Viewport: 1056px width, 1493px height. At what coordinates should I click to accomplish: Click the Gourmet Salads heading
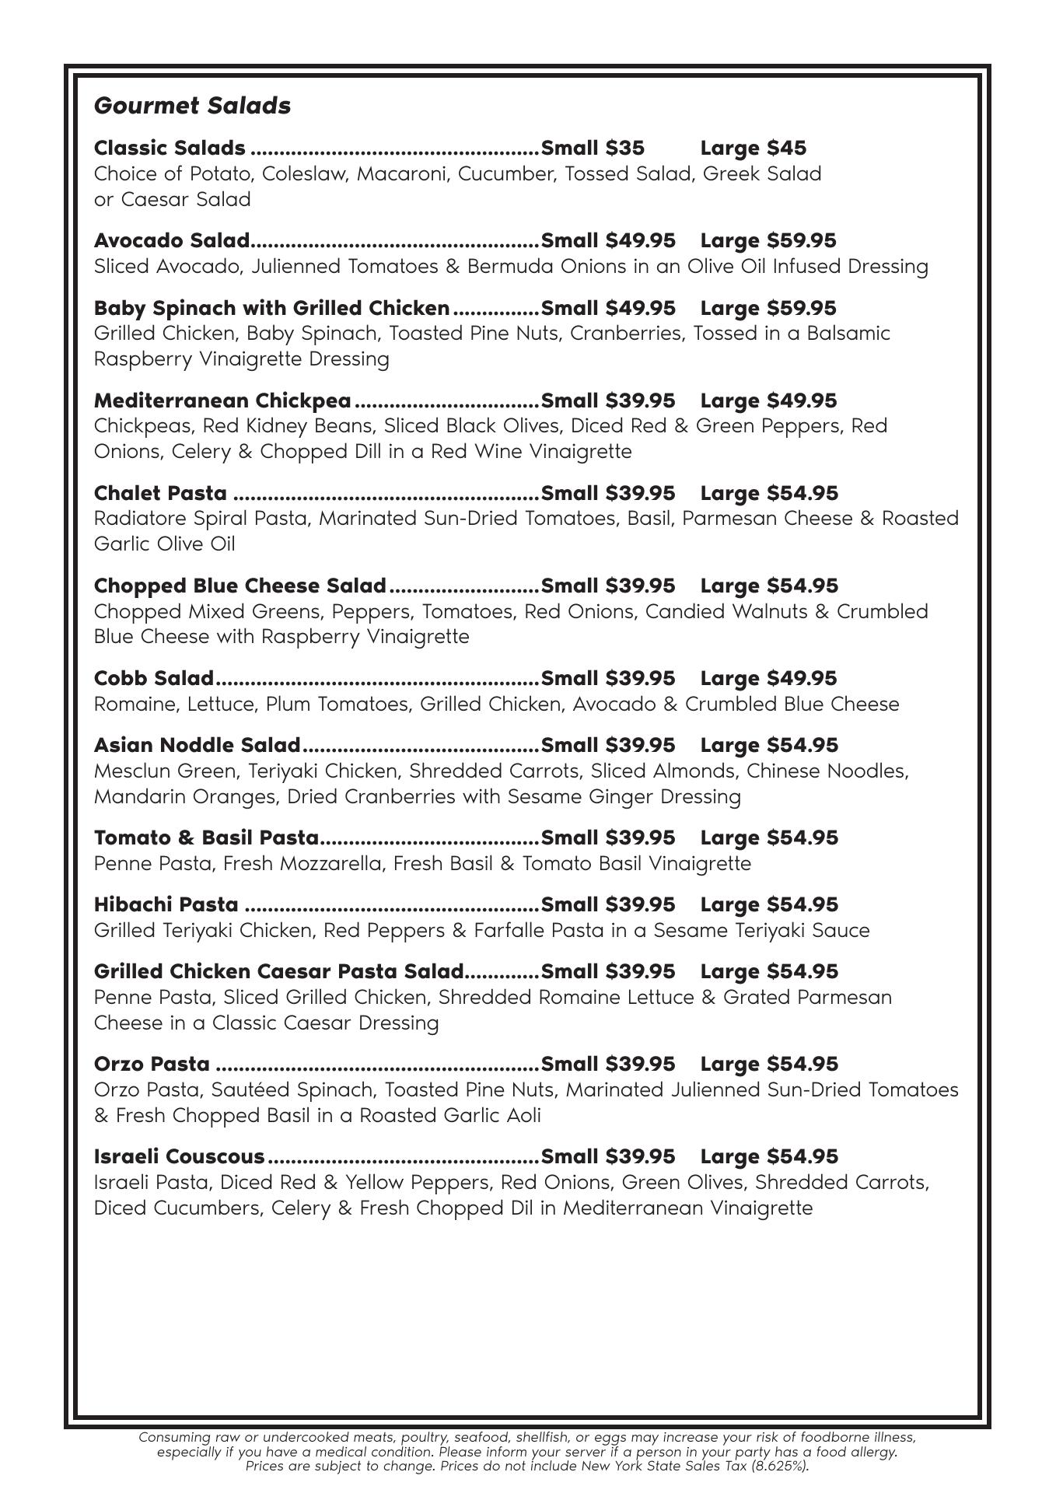(x=192, y=106)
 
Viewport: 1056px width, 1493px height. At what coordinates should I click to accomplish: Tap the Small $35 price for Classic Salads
(x=593, y=148)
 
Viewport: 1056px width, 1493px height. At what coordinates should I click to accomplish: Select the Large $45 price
(x=753, y=148)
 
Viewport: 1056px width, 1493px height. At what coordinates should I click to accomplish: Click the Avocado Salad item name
(x=172, y=240)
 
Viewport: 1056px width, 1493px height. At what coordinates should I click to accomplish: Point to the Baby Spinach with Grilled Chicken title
(x=271, y=308)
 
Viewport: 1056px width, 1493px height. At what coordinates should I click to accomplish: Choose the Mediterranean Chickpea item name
(x=222, y=400)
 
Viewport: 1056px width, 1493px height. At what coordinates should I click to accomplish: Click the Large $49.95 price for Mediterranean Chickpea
(x=768, y=400)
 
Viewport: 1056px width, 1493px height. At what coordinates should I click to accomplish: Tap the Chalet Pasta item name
(x=160, y=493)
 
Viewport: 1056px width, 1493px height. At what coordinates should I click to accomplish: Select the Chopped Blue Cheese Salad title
(x=240, y=586)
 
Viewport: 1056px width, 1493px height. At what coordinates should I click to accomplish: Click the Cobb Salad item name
(x=153, y=678)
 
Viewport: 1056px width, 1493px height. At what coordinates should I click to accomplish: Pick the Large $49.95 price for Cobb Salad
(x=768, y=678)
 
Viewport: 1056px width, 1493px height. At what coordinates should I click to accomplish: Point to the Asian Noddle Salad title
(x=197, y=745)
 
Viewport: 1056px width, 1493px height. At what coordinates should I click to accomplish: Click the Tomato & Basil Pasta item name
(x=206, y=837)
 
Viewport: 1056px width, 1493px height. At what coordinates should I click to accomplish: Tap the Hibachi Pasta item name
(x=166, y=904)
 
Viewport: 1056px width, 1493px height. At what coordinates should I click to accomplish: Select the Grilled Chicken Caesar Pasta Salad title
(x=278, y=971)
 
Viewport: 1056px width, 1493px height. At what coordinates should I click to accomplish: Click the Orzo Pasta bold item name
(x=152, y=1064)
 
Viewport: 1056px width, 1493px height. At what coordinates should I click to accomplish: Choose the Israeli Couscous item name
(x=179, y=1156)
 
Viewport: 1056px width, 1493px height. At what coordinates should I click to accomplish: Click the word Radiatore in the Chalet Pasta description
(x=138, y=519)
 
